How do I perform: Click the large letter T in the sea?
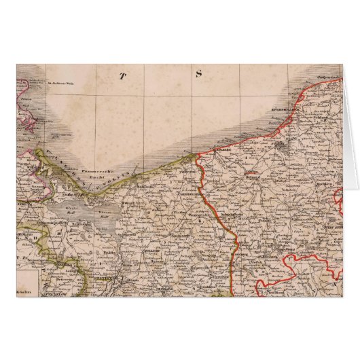point(124,75)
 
